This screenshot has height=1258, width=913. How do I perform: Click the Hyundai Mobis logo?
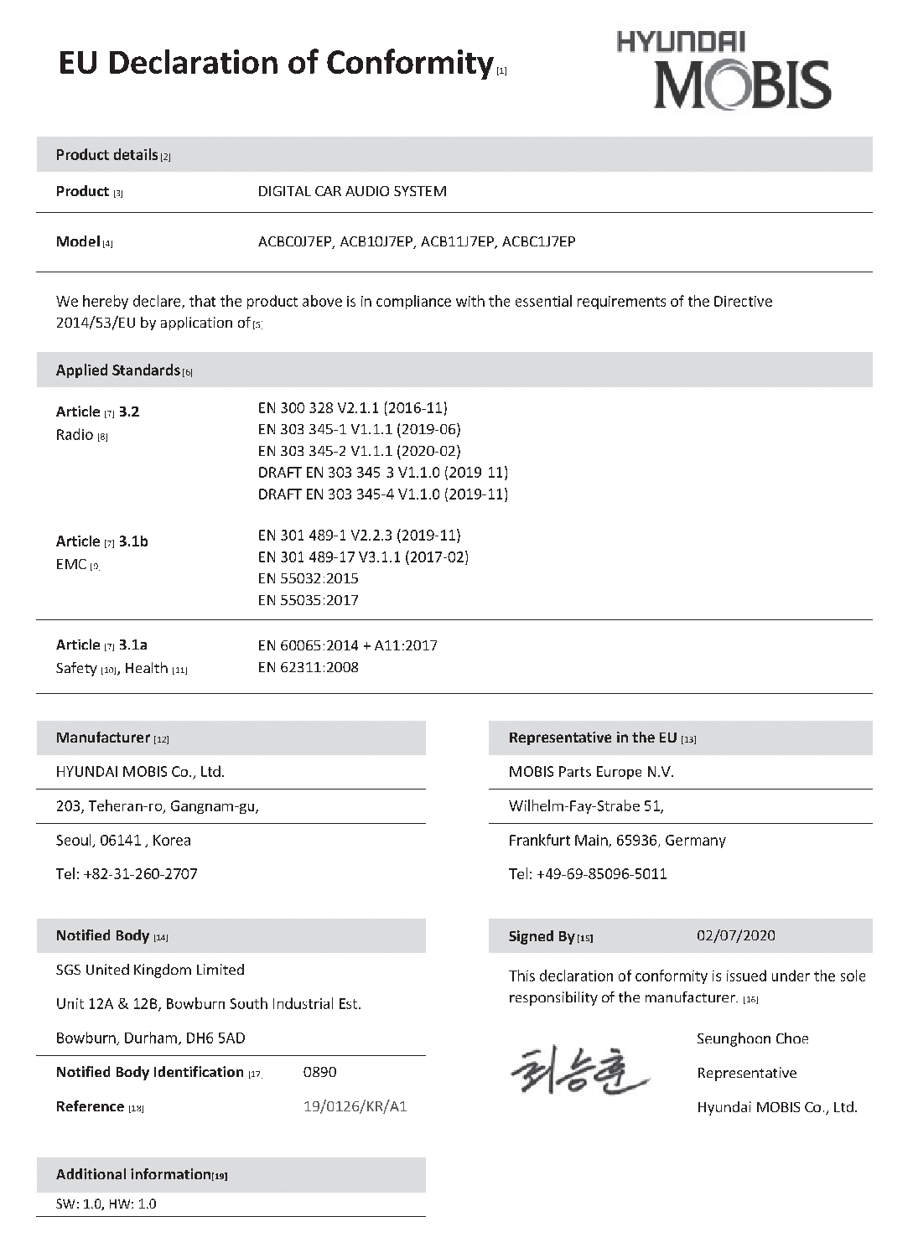[x=724, y=71]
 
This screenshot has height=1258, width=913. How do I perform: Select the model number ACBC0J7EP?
[x=295, y=242]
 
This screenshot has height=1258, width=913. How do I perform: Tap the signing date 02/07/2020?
[x=735, y=935]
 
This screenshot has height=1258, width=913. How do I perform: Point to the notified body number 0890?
[x=319, y=1072]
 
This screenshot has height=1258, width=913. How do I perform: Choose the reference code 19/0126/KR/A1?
[x=355, y=1106]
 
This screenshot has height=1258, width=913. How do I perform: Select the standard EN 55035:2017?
[x=308, y=600]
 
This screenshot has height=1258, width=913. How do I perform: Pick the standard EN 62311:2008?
[x=308, y=667]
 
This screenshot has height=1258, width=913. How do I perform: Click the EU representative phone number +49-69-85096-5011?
[x=601, y=874]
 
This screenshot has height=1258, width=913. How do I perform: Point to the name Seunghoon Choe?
[x=752, y=1039]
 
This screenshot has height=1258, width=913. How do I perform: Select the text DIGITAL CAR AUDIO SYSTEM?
[x=351, y=191]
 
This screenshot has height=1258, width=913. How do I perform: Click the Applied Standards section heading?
[x=118, y=370]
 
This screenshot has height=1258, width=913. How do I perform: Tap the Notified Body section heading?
[x=102, y=935]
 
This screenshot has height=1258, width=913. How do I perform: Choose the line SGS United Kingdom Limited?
[x=150, y=970]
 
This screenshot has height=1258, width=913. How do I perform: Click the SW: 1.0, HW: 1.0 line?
[x=106, y=1204]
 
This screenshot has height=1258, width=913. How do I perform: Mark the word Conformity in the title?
[x=408, y=63]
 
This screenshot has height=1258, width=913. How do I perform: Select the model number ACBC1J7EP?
[x=538, y=242]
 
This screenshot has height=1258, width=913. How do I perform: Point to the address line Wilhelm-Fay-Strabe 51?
[x=585, y=806]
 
